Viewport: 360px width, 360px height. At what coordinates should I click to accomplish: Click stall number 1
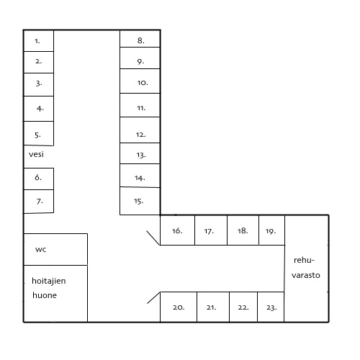click(39, 40)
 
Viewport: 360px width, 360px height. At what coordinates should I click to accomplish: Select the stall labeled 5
click(39, 133)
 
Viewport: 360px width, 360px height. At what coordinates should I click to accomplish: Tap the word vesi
click(36, 154)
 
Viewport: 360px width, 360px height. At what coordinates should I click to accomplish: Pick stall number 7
click(39, 202)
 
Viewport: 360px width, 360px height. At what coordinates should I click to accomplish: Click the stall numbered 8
click(140, 39)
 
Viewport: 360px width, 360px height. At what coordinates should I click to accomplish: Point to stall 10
click(140, 81)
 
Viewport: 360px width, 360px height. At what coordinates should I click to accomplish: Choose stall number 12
click(140, 130)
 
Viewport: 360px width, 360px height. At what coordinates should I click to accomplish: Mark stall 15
click(140, 201)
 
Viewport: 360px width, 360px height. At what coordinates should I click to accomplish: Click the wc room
click(55, 249)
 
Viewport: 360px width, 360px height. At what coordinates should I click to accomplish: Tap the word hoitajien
click(49, 281)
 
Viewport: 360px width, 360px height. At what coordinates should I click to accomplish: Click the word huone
click(45, 295)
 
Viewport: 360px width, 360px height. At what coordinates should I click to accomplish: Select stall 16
click(178, 230)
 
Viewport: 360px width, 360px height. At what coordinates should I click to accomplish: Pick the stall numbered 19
click(272, 230)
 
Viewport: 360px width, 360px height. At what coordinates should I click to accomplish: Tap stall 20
click(179, 307)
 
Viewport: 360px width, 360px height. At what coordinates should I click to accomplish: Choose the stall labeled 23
click(271, 307)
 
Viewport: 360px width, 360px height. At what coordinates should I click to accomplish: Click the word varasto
click(306, 275)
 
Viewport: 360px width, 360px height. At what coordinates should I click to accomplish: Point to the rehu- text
click(304, 260)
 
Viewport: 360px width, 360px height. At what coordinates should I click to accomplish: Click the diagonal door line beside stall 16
click(153, 238)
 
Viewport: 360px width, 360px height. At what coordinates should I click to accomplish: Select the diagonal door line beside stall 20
click(153, 298)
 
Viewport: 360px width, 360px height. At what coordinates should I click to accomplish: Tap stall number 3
click(39, 84)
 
